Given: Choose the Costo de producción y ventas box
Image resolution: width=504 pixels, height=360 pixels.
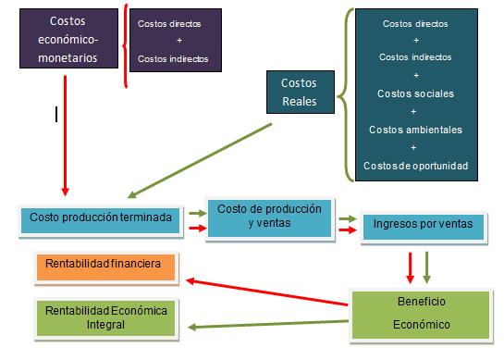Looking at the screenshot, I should point(270,217).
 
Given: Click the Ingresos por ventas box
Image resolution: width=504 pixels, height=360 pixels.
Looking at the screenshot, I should point(422,225).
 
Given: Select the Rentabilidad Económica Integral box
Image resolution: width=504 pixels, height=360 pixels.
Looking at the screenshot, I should point(108,317).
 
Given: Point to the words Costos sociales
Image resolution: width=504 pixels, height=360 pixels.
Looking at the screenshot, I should point(416,93).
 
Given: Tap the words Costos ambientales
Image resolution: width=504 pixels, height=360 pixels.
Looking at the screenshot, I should point(416,129).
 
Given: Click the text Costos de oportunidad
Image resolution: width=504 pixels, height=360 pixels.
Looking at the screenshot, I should point(416,165).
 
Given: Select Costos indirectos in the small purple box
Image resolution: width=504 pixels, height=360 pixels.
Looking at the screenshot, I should point(174,58).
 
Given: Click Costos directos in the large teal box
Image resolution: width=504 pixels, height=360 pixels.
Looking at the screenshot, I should point(416,23).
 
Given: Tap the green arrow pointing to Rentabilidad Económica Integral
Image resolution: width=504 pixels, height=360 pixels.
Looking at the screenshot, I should point(268,322).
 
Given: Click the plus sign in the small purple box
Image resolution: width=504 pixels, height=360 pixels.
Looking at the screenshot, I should point(178,41).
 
